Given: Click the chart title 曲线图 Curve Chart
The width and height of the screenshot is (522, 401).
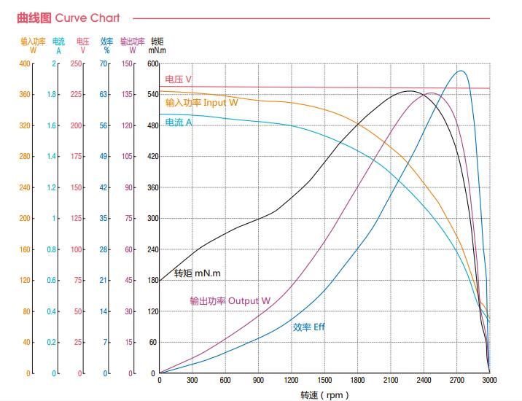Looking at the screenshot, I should tap(68, 17).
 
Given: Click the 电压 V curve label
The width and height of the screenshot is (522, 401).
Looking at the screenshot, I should tap(179, 79).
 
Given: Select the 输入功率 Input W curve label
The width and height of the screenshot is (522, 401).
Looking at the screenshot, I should tap(201, 103).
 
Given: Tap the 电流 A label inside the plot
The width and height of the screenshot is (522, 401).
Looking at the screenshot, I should tap(179, 122).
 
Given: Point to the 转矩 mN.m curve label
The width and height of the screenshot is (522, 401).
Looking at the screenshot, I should tap(197, 274).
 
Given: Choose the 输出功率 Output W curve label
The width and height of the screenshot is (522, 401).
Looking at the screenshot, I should tap(230, 300).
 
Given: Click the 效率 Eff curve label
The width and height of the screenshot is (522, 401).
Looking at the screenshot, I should tap(308, 327).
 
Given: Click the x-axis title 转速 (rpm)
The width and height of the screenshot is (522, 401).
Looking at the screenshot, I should tap(324, 395).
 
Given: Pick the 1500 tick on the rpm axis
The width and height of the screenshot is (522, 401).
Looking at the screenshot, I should tap(324, 380).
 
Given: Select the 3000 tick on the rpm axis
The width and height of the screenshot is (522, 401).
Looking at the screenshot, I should tap(488, 380).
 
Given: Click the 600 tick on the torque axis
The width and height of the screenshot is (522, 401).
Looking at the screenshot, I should tap(153, 64).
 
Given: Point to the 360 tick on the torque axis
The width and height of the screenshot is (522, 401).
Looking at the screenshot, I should tap(153, 188).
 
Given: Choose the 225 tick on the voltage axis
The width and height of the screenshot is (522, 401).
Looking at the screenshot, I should tap(77, 95).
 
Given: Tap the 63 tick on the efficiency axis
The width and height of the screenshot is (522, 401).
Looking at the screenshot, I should tap(104, 95).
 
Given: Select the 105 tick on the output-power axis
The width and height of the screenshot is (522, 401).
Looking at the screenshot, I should tap(128, 157).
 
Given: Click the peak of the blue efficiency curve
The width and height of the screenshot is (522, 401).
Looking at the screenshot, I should tap(461, 71).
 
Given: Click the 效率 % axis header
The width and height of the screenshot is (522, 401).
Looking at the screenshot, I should tap(106, 46).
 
